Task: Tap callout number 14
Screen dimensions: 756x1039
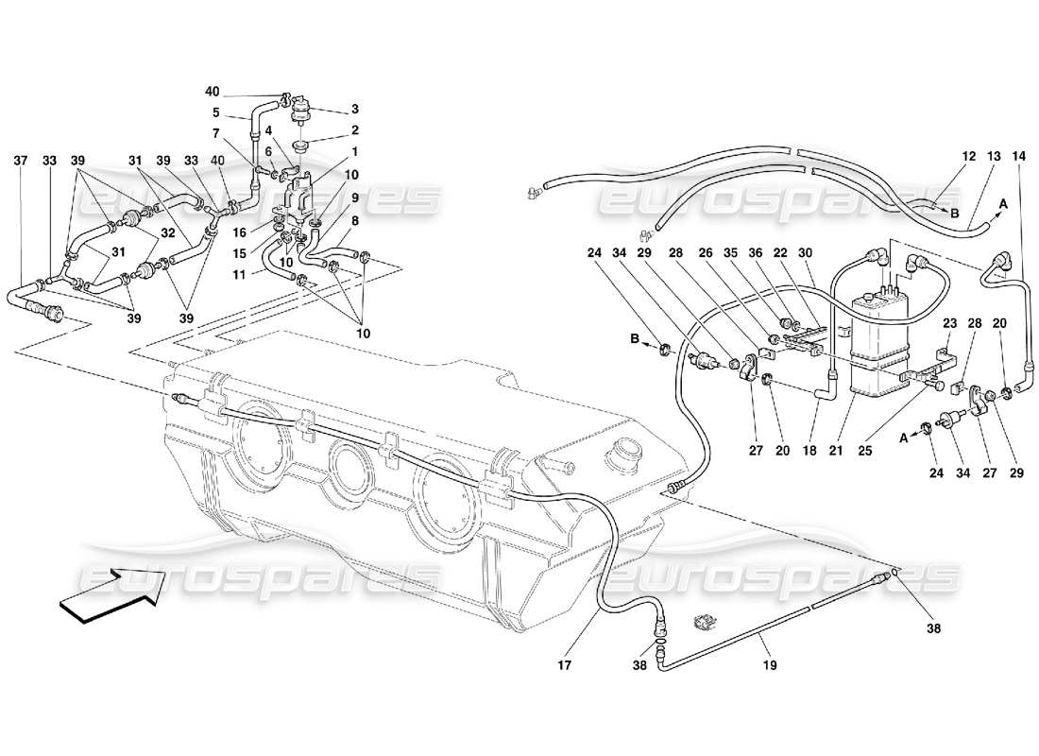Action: [1018, 157]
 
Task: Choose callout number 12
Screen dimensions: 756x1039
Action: [967, 157]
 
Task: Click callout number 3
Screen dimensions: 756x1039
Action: [355, 111]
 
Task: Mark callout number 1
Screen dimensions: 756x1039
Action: [355, 152]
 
